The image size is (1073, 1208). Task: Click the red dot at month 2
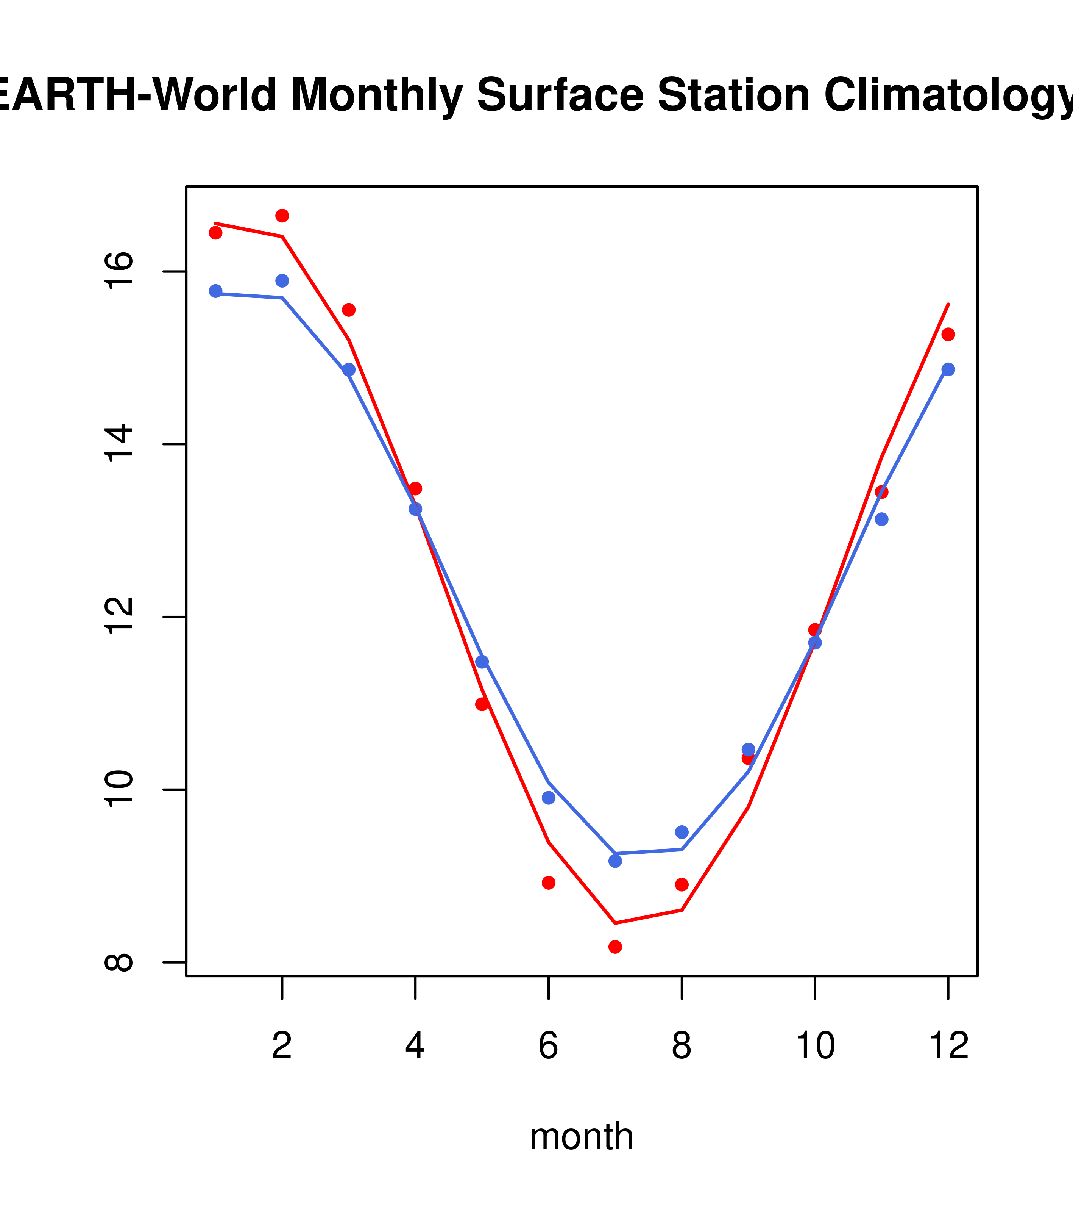pos(282,216)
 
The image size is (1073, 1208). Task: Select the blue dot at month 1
pos(215,291)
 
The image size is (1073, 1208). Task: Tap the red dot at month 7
pos(615,947)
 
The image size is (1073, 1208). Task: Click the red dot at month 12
pos(948,335)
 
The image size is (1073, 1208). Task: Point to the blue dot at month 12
pos(948,369)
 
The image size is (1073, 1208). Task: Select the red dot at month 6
pos(549,883)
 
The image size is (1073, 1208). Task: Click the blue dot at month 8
pos(682,832)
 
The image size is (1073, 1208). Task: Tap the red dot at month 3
pos(349,310)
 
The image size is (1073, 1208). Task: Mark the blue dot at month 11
pos(882,520)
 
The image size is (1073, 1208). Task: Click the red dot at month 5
pos(482,704)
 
